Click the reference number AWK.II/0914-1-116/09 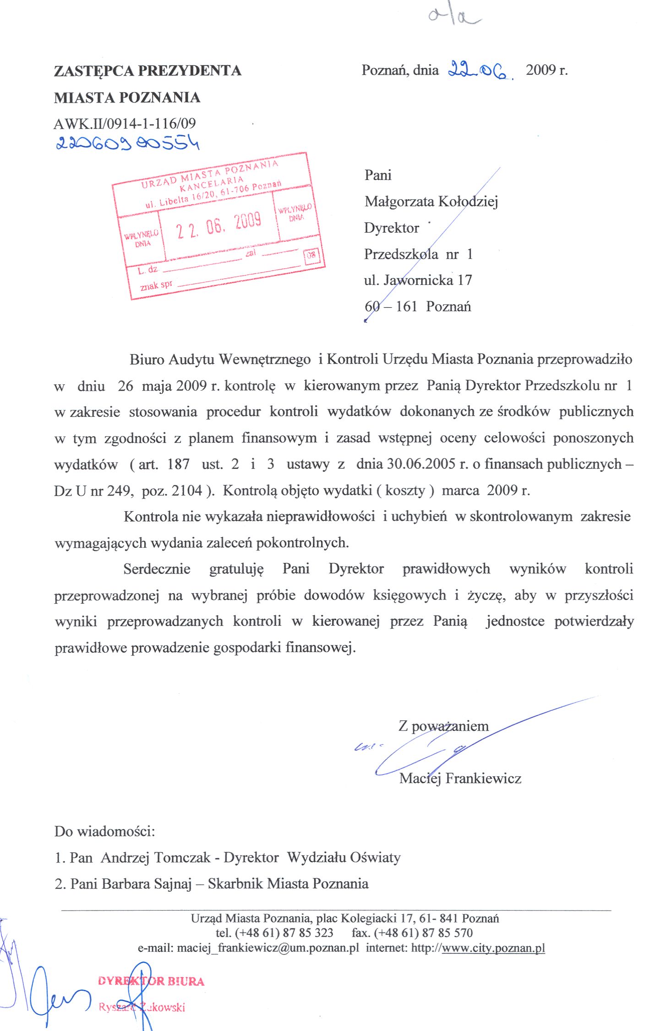pos(125,124)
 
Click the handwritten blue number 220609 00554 pos(127,143)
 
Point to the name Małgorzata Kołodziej pos(431,202)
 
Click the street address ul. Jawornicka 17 pos(418,280)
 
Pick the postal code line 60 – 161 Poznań pos(417,306)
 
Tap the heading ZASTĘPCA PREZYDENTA pos(147,71)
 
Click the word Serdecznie pos(157,569)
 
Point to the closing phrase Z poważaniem pos(443,726)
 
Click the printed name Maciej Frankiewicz pos(460,778)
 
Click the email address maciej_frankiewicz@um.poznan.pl pos(268,947)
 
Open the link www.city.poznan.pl pos(493,947)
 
